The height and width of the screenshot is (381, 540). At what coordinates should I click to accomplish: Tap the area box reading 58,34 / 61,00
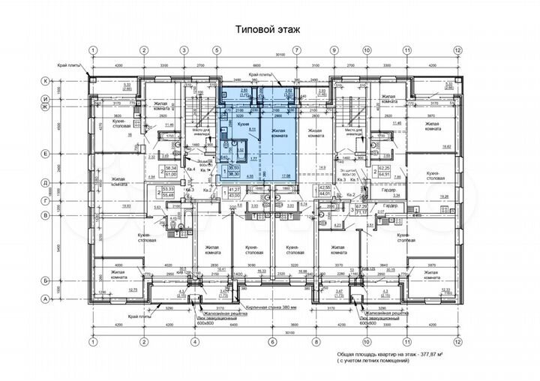pos(172,171)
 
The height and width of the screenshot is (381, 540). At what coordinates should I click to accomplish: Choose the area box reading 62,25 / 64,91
pos(386,171)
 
